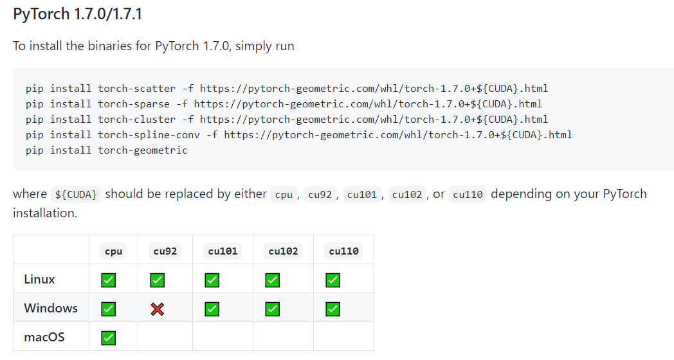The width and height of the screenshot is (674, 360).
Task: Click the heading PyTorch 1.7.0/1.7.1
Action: click(x=77, y=14)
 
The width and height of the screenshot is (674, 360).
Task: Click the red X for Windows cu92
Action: click(x=157, y=309)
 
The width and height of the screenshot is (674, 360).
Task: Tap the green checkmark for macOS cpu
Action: click(x=109, y=337)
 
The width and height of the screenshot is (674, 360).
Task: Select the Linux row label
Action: click(x=39, y=280)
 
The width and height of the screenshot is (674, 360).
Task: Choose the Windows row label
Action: click(x=51, y=309)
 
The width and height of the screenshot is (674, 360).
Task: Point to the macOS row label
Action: click(x=44, y=337)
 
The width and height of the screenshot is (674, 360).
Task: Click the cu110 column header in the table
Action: click(x=343, y=251)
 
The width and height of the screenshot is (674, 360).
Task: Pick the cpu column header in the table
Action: click(x=113, y=251)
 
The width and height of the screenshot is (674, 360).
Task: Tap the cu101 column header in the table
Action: click(x=223, y=251)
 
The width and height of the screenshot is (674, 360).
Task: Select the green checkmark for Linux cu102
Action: click(x=273, y=280)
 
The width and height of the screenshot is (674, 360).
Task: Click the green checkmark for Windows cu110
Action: click(x=332, y=309)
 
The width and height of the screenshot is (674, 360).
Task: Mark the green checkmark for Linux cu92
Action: click(x=157, y=280)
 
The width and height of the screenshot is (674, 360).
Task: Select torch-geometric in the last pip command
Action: click(x=143, y=150)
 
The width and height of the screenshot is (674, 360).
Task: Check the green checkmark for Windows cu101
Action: click(x=212, y=309)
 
